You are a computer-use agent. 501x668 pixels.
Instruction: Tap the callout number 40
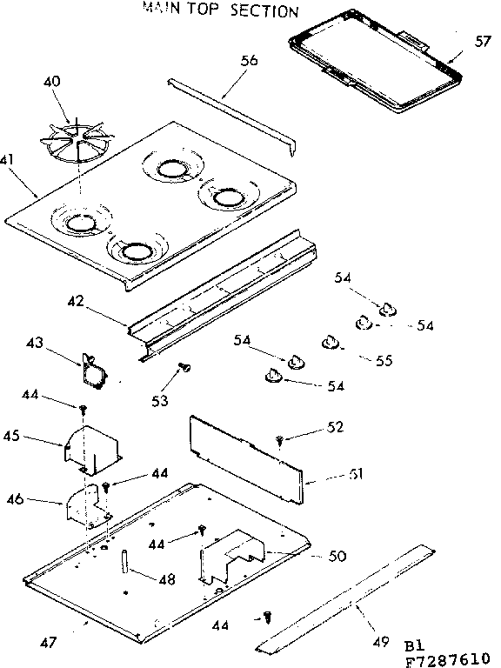[52, 82]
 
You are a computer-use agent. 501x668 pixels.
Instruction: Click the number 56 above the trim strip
[250, 61]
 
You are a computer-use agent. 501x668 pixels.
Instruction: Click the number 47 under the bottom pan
[49, 643]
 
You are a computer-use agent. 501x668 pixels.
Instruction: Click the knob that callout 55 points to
[330, 342]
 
